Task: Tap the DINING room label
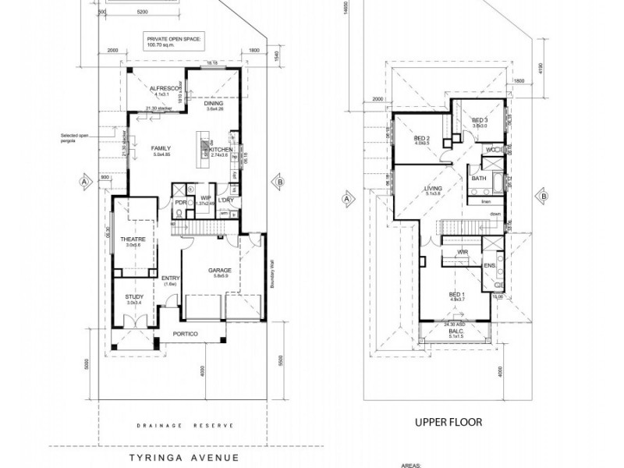pos(214,103)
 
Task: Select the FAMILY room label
pos(161,147)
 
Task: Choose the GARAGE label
pos(218,270)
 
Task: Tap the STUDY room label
pos(134,297)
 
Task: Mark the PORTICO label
pos(186,334)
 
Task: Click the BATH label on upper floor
pos(479,178)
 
